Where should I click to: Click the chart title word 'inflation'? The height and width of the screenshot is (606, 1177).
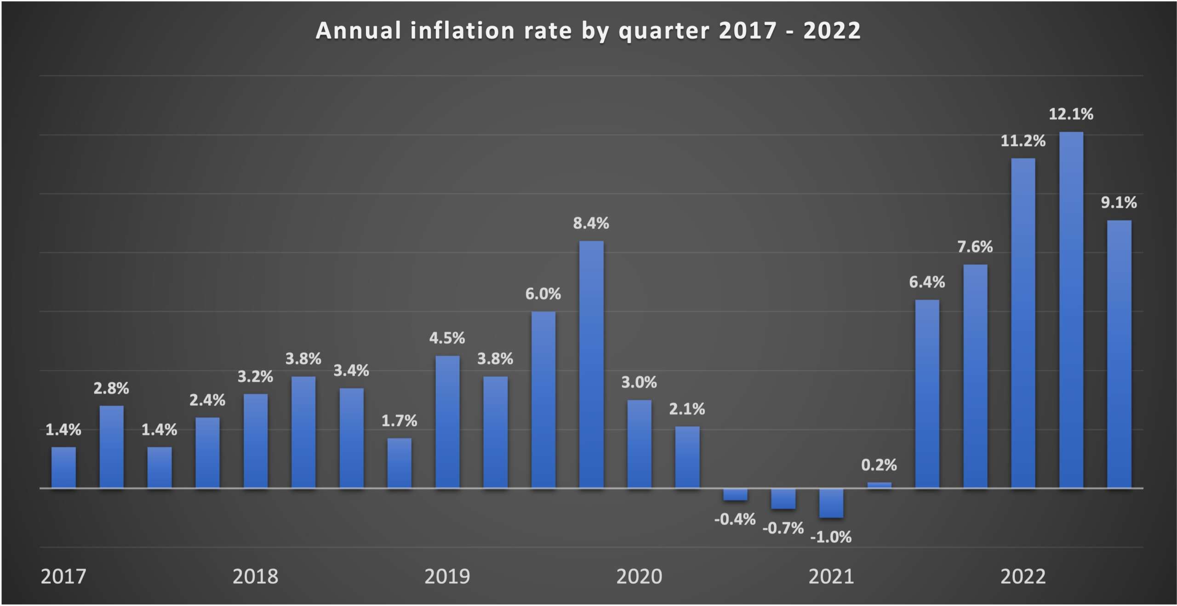point(462,31)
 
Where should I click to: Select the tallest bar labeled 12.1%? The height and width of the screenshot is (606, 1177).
point(1071,310)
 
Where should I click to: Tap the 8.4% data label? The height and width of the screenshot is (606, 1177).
point(591,223)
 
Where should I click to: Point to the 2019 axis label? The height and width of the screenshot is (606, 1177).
point(447,576)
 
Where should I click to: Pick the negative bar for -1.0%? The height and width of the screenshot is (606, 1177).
point(831,503)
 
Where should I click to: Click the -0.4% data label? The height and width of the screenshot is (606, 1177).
point(735,519)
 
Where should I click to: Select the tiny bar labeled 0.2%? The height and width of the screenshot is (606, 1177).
point(879,485)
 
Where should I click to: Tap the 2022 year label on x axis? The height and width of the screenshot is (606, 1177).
point(1023,576)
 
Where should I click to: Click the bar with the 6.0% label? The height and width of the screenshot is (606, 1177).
point(543,400)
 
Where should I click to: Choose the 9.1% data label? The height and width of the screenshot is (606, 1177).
point(1119,203)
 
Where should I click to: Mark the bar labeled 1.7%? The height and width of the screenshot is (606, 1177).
point(399,463)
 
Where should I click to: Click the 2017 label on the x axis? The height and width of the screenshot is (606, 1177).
point(63,576)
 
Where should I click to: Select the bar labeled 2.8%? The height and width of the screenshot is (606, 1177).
point(111,447)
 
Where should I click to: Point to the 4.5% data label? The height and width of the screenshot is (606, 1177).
point(447,338)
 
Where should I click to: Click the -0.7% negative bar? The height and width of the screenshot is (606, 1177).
point(783,499)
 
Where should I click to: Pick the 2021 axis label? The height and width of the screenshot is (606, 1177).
point(831,576)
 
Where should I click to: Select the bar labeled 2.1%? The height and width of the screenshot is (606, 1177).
point(687,457)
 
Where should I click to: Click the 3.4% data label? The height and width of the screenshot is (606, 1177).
point(351,370)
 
